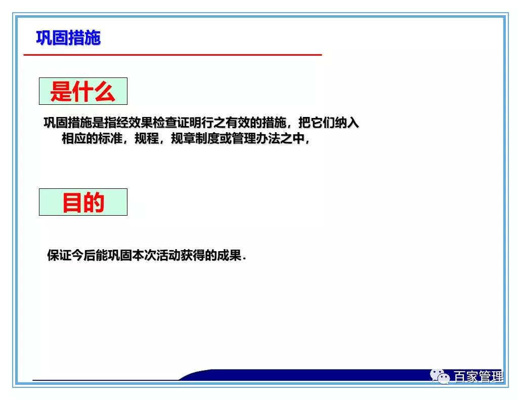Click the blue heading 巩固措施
[68, 38]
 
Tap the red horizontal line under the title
[172, 54]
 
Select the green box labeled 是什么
[83, 92]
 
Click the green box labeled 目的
[83, 202]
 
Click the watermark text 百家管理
[478, 377]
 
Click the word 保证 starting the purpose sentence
[59, 255]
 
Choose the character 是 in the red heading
[61, 92]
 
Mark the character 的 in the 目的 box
[94, 202]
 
